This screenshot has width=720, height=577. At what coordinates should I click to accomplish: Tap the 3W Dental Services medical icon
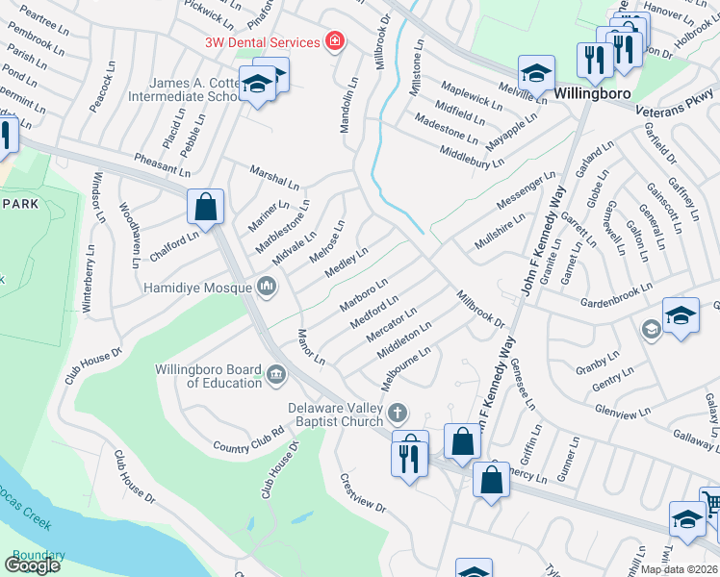click(334, 42)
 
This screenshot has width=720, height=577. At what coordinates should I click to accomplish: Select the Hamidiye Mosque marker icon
click(267, 286)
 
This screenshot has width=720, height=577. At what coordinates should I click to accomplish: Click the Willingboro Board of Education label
click(210, 376)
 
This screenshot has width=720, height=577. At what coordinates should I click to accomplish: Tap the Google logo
click(32, 565)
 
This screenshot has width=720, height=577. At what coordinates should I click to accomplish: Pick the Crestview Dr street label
click(362, 493)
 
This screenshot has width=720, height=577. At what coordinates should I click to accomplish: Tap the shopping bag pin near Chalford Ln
click(207, 207)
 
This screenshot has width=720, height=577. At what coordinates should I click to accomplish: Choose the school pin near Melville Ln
click(536, 73)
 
